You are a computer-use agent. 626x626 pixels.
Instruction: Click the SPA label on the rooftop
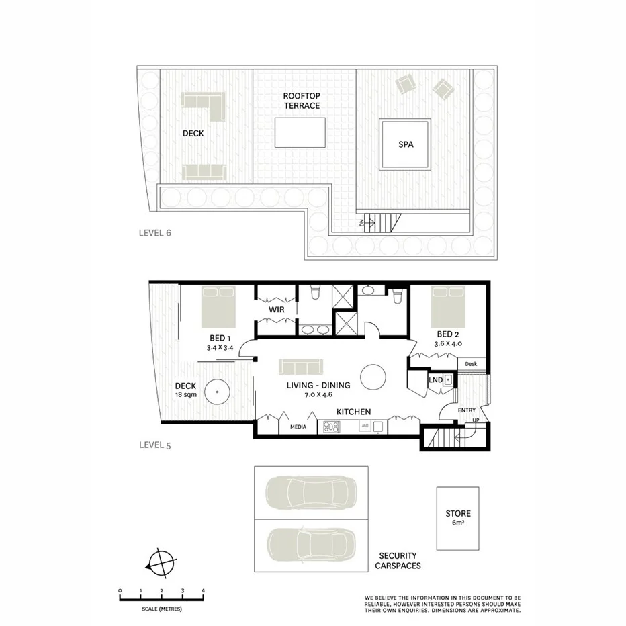pyautogui.click(x=404, y=144)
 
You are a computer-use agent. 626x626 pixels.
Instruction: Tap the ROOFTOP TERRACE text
pyautogui.click(x=301, y=101)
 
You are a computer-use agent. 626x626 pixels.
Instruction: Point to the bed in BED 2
pyautogui.click(x=448, y=307)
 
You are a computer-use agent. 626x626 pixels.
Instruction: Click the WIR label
pyautogui.click(x=277, y=310)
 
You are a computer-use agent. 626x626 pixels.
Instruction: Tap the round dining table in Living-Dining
pyautogui.click(x=373, y=377)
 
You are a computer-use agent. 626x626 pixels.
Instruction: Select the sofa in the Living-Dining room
pyautogui.click(x=301, y=366)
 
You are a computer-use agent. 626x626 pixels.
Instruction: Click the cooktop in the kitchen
pyautogui.click(x=332, y=426)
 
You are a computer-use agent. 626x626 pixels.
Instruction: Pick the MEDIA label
pyautogui.click(x=298, y=427)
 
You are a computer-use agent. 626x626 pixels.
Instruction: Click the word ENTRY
pyautogui.click(x=467, y=410)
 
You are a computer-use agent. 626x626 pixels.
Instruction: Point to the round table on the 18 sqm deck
pyautogui.click(x=218, y=392)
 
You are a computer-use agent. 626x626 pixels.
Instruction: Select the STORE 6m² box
pyautogui.click(x=457, y=519)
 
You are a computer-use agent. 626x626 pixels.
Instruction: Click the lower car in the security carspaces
pyautogui.click(x=310, y=545)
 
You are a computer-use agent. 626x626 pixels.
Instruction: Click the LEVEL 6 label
pyautogui.click(x=155, y=234)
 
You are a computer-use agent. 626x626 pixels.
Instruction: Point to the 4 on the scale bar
pyautogui.click(x=203, y=591)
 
